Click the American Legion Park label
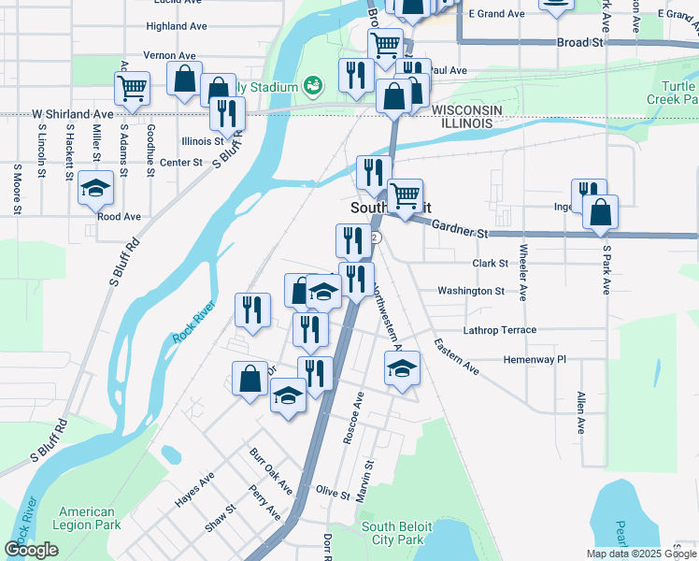87,519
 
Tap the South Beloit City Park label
395,533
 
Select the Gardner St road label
462,231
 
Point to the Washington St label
472,291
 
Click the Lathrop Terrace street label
500,330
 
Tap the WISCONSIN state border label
466,110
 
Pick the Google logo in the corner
31,550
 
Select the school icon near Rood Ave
95,189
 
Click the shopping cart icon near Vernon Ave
133,87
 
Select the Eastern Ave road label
456,357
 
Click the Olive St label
332,491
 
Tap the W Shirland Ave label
72,114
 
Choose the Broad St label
579,43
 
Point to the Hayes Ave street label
194,489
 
